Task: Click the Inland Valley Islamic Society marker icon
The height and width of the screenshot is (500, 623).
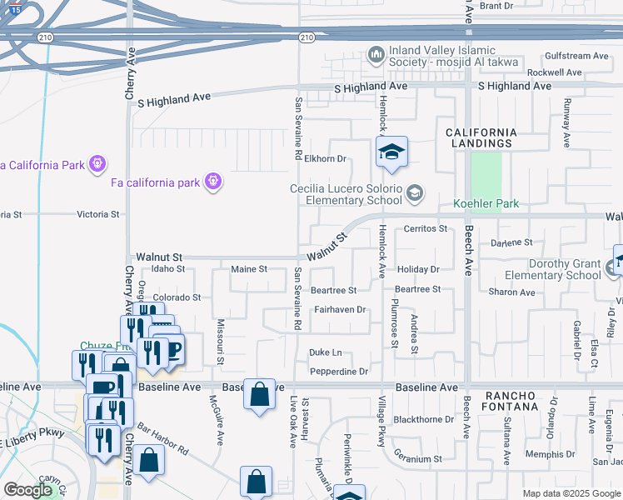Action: pyautogui.click(x=376, y=56)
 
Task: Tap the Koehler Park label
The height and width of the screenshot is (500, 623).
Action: pyautogui.click(x=486, y=203)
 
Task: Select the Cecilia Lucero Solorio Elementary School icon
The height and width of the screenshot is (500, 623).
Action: pyautogui.click(x=414, y=194)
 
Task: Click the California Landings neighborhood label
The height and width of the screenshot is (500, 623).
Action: pyautogui.click(x=481, y=137)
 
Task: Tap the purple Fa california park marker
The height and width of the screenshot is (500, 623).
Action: pyautogui.click(x=213, y=180)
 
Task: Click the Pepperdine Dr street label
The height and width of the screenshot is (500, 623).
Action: pyautogui.click(x=339, y=372)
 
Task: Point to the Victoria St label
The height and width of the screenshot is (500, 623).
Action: pyautogui.click(x=98, y=214)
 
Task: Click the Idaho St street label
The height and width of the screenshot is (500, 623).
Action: pyautogui.click(x=168, y=268)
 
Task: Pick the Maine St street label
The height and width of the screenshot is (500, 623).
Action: pyautogui.click(x=249, y=269)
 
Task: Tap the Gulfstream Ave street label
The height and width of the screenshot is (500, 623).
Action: pyautogui.click(x=579, y=56)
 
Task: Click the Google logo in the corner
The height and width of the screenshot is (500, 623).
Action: pyautogui.click(x=27, y=490)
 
